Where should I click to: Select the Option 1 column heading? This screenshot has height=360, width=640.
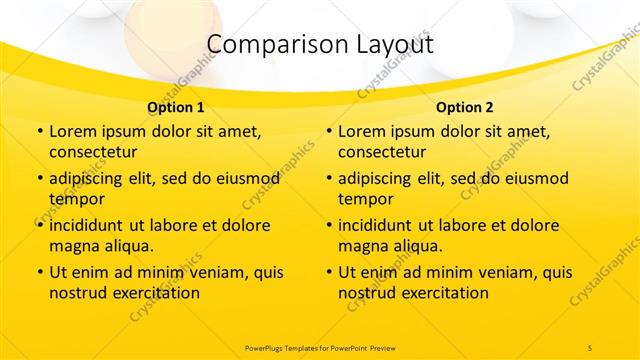(176, 107)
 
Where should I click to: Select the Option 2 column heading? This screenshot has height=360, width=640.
(465, 107)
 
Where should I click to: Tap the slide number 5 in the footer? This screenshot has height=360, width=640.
(590, 347)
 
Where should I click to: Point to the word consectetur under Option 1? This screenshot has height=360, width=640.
(93, 152)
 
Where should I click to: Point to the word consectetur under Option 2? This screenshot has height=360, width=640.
(383, 152)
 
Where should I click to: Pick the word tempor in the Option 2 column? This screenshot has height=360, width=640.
(362, 198)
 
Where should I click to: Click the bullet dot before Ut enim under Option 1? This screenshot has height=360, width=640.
(39, 273)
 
